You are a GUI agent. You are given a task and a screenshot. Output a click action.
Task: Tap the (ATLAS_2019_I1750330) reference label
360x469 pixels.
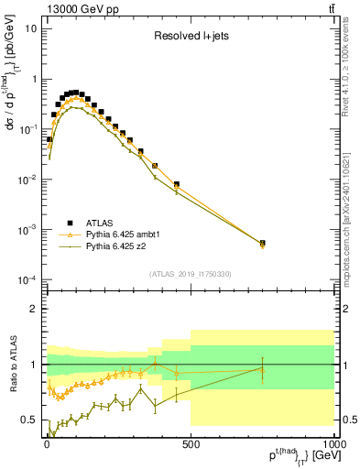click(x=191, y=274)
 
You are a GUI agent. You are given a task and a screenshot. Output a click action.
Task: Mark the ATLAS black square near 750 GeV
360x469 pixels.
click(x=263, y=244)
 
